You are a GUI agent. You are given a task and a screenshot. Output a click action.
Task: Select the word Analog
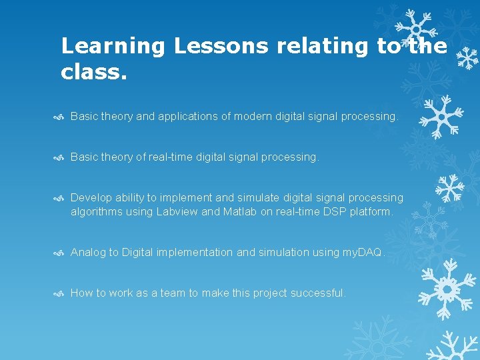88,253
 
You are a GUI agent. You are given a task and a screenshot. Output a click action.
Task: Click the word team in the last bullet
180,293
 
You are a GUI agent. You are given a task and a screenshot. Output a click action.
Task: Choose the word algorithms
97,212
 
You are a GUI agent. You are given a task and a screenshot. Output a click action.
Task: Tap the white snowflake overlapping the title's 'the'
415,30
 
